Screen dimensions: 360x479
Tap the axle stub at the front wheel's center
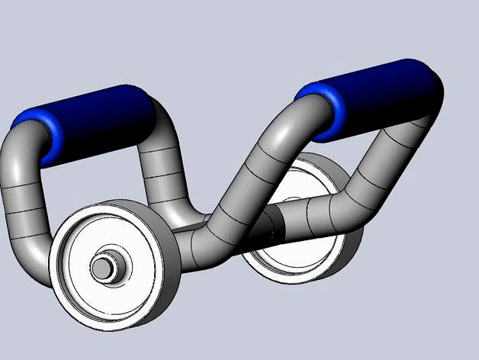(102, 268)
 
